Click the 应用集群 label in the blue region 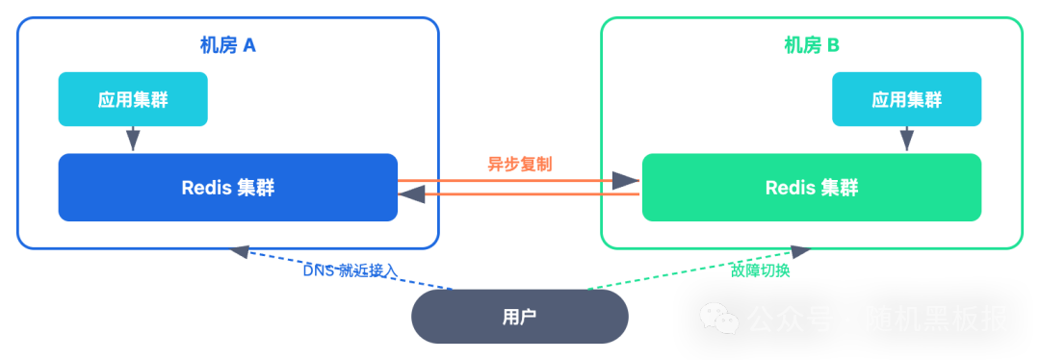tap(133, 100)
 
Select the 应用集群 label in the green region tap(906, 100)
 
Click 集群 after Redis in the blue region tap(255, 188)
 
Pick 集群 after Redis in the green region tap(839, 188)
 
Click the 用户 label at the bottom tap(519, 318)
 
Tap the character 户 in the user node tap(528, 318)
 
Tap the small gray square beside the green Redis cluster tap(626, 180)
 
